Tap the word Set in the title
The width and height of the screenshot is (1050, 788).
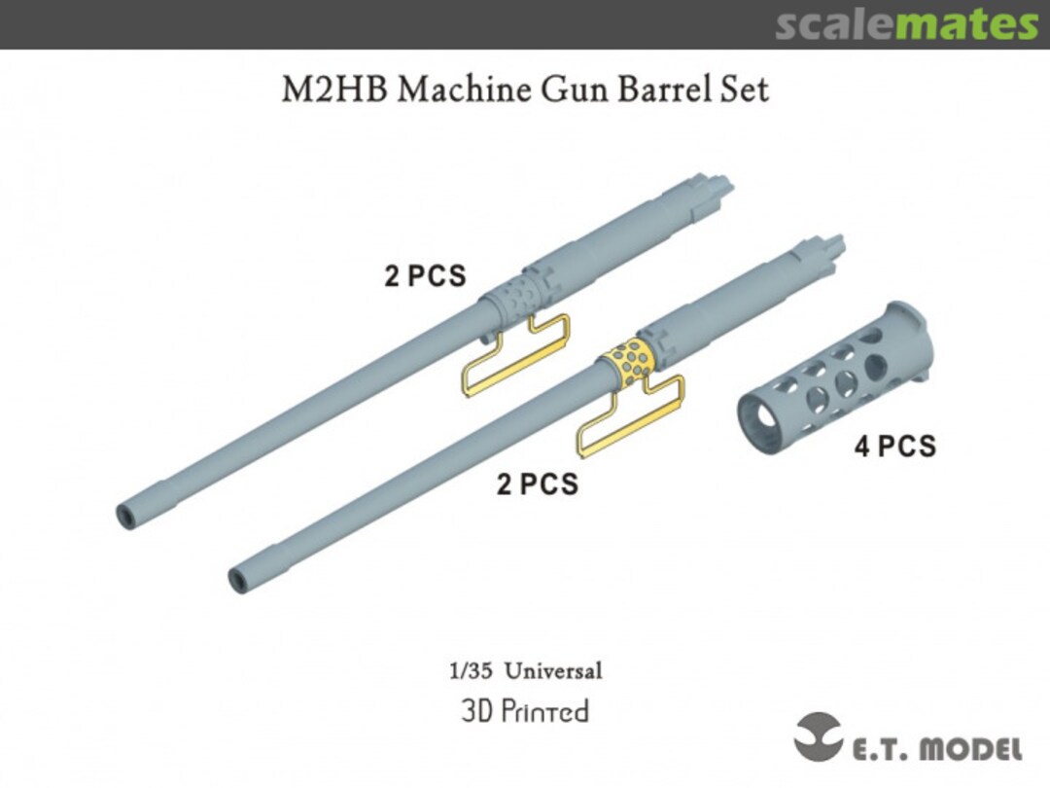point(745,90)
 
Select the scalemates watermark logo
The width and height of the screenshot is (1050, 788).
point(906,25)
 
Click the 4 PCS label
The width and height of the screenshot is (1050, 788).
point(894,447)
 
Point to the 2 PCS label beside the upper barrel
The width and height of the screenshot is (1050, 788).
point(425,276)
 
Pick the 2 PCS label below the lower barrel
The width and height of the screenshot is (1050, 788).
point(537,484)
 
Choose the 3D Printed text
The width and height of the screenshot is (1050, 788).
point(525,711)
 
